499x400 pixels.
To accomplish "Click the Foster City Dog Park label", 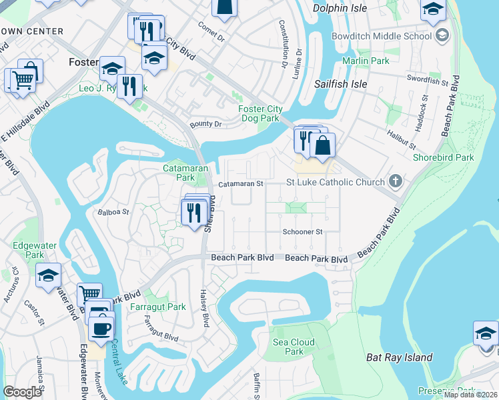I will [x=260, y=114].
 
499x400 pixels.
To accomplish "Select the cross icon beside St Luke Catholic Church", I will [x=396, y=181].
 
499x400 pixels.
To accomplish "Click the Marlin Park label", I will [x=366, y=61].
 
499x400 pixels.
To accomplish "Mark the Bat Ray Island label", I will [x=400, y=358].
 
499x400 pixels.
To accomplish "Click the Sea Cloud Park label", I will [x=289, y=347].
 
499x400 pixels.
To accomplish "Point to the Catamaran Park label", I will [x=179, y=173].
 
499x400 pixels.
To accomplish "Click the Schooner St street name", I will [x=303, y=232].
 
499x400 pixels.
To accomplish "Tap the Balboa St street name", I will [x=113, y=213].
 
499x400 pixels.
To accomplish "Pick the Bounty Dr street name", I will [x=205, y=124].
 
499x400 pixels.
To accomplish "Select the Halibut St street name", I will [x=403, y=141].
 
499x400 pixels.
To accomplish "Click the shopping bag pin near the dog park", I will [x=322, y=146].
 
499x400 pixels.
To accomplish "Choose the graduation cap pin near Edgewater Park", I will [x=48, y=276].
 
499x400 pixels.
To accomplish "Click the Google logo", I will [x=22, y=392].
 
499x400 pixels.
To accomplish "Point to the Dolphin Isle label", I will [x=340, y=9].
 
